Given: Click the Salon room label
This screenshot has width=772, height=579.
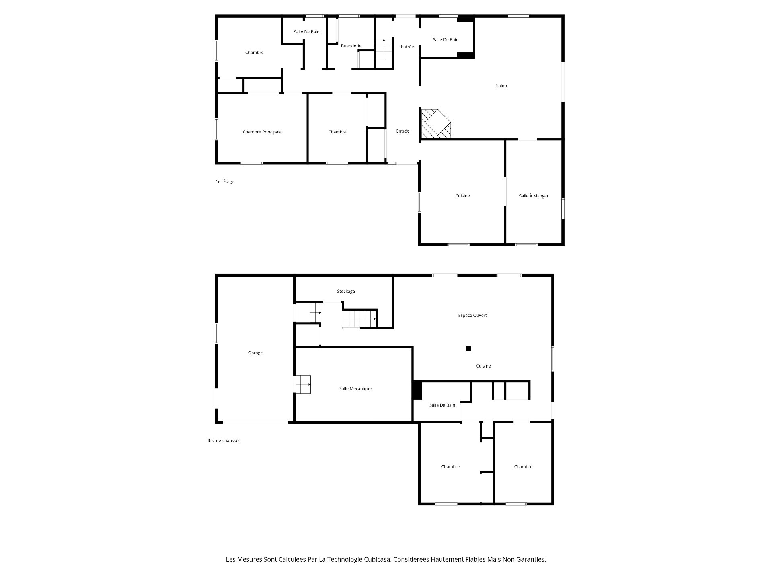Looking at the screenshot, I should tap(501, 86).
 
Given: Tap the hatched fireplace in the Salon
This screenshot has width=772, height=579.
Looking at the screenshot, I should tap(435, 124).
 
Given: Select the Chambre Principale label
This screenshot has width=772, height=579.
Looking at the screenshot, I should tap(262, 132).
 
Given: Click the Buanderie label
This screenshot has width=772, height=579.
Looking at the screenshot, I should tap(351, 46).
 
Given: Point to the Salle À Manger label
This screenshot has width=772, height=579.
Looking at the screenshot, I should tap(534, 196).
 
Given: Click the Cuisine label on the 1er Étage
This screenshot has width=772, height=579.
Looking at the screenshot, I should tap(462, 196).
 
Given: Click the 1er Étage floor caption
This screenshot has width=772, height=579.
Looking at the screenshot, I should tap(225, 181).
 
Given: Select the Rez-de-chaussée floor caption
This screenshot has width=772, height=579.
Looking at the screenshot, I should tap(224, 441).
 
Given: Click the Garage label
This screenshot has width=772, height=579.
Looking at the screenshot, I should tap(255, 353).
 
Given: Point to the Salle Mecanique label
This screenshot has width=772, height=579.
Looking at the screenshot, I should tap(355, 388).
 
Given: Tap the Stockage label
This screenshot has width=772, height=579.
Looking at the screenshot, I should tap(346, 291).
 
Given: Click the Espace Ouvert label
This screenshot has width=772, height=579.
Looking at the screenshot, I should tap(472, 315).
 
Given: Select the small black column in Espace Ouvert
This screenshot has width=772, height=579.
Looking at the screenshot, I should tap(468, 349).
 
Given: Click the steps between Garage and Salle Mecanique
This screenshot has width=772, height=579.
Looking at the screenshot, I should tap(303, 384).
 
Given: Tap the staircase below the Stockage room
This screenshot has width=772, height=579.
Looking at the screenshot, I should tap(359, 319).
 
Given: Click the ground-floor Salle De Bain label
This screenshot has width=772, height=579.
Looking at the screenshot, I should tap(442, 405).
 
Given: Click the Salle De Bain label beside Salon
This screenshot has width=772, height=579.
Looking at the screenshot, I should tap(446, 39).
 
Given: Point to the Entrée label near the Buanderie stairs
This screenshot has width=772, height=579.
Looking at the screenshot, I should tap(407, 47).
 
